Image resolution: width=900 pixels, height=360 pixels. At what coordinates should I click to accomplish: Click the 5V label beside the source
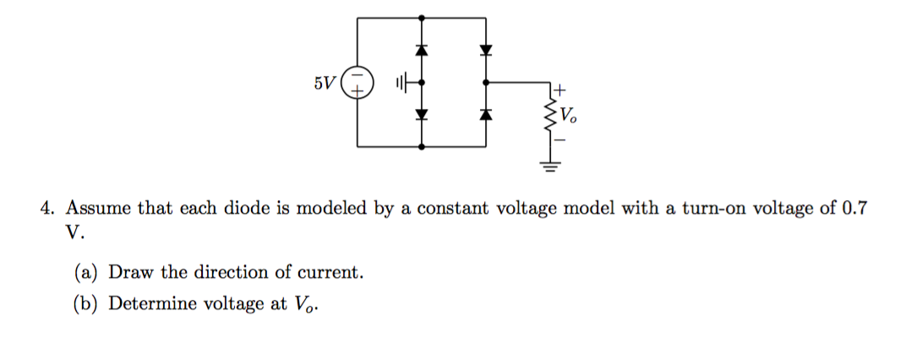tap(324, 84)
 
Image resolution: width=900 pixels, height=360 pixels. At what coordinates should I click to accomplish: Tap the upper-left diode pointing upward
tap(421, 51)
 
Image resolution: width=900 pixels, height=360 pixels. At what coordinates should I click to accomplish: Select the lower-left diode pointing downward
tap(421, 114)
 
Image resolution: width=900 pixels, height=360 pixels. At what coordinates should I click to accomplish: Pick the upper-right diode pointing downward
tap(485, 51)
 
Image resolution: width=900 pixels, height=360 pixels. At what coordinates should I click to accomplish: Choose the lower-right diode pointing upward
tap(485, 114)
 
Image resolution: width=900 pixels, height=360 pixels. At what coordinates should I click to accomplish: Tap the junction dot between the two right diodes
tap(485, 83)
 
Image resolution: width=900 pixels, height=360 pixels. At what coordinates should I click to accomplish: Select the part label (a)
tap(88, 272)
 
